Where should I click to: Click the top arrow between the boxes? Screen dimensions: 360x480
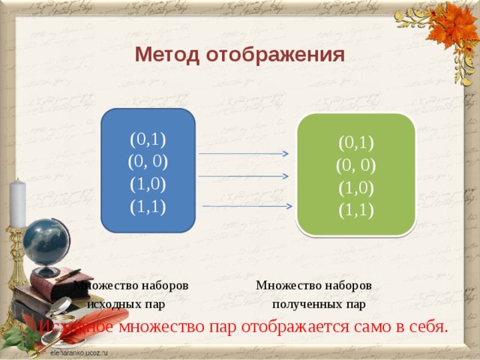coord(244,154)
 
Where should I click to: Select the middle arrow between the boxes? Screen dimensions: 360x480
coord(244,177)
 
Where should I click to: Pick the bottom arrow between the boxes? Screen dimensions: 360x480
coord(247,205)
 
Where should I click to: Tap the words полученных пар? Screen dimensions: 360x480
coord(319,304)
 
